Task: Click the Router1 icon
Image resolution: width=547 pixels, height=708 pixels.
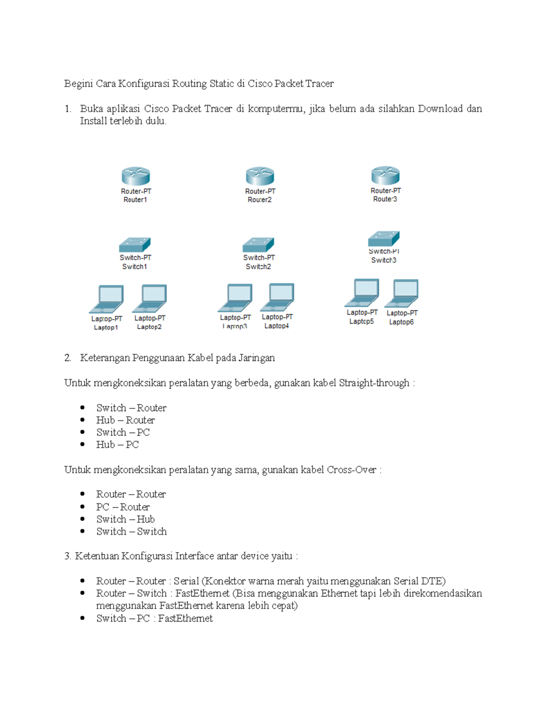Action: (136, 176)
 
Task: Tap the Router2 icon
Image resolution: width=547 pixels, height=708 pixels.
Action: (260, 176)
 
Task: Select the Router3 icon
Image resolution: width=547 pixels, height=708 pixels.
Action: (385, 176)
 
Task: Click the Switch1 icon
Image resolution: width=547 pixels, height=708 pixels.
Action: (135, 245)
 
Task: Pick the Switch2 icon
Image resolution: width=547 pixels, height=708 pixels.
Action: (258, 245)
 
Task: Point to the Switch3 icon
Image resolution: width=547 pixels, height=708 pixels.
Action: (384, 238)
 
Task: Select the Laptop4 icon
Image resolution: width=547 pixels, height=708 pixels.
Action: (278, 297)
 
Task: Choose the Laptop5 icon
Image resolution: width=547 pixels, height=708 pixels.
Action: (362, 293)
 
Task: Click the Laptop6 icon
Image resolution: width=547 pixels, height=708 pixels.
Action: (402, 294)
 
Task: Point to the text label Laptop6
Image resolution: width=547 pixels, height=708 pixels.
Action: (401, 322)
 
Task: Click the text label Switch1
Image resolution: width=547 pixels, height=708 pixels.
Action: (134, 267)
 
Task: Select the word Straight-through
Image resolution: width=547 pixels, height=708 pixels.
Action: (374, 383)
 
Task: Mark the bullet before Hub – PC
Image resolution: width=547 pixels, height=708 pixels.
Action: (83, 444)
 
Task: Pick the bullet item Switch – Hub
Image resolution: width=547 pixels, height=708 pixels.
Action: (125, 519)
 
